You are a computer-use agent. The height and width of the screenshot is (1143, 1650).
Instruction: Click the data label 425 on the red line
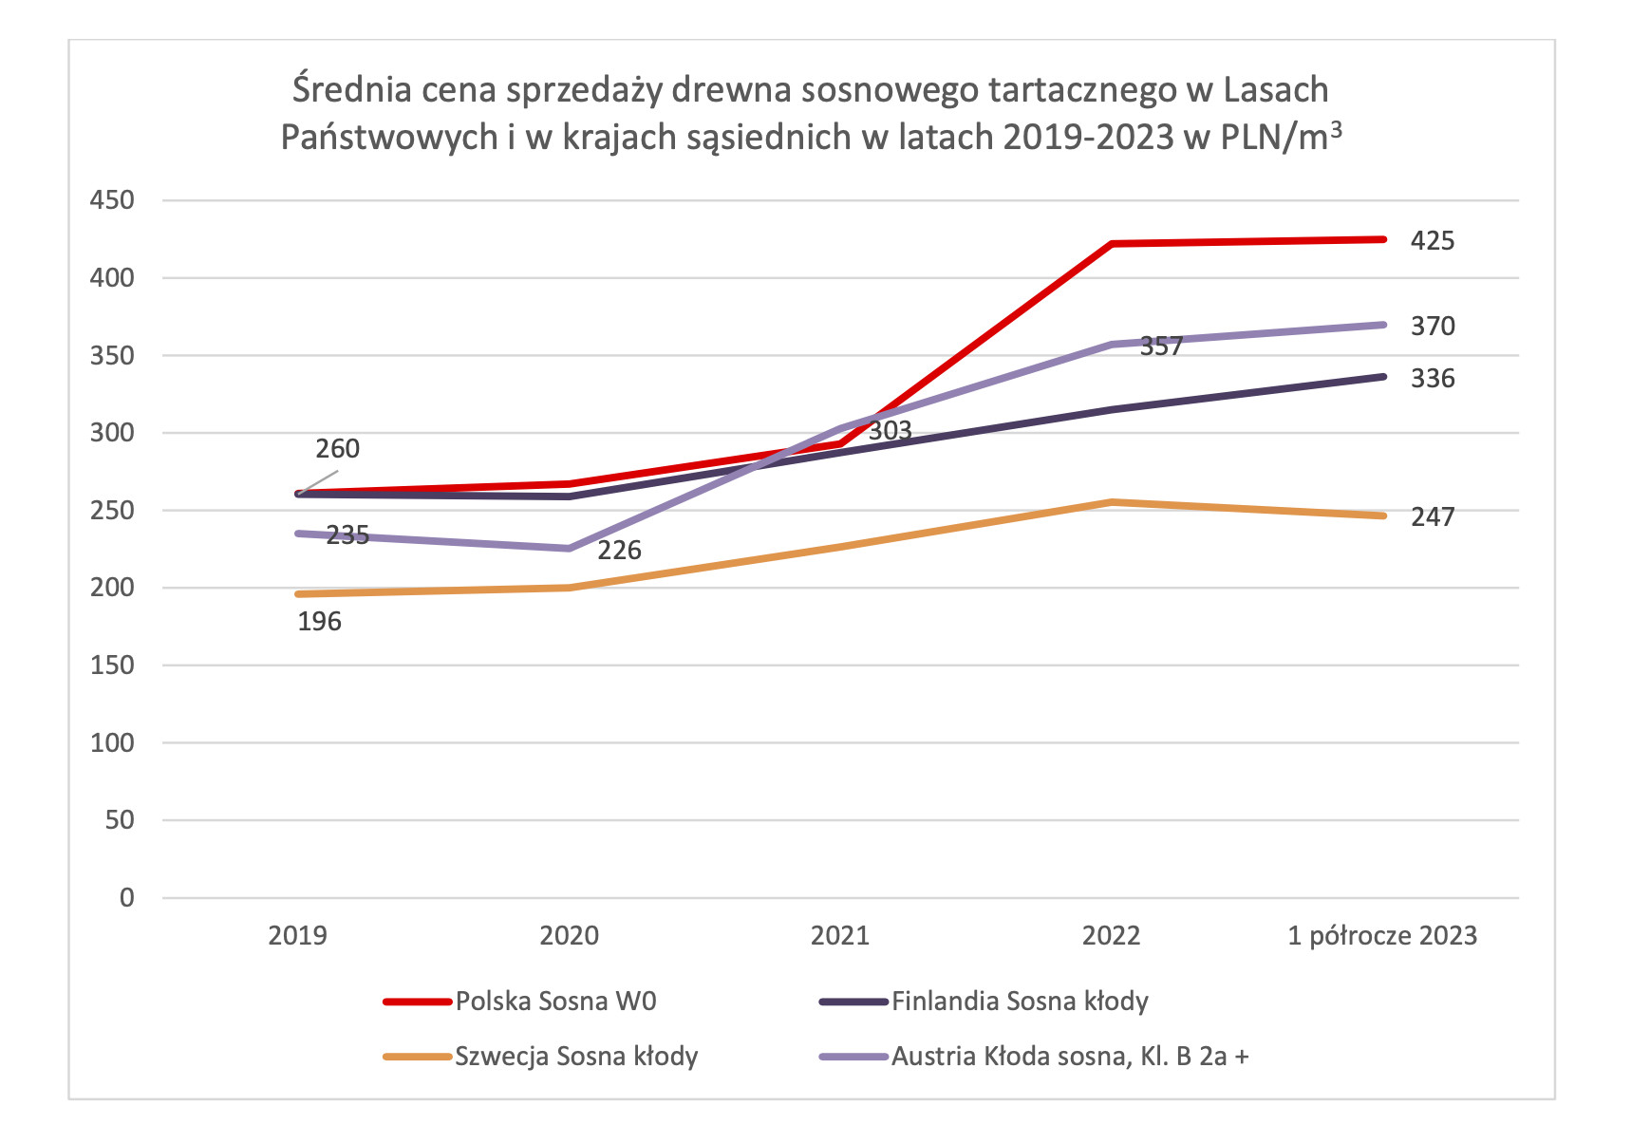coord(1432,241)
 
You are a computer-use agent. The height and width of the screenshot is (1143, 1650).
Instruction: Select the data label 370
coord(1432,327)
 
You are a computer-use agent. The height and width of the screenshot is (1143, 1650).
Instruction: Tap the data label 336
coord(1432,379)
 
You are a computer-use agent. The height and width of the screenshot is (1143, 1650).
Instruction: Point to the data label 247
coord(1432,517)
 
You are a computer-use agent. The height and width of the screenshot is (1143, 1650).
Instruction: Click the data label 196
coord(319,622)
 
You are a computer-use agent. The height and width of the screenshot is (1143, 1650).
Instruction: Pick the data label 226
coord(619,551)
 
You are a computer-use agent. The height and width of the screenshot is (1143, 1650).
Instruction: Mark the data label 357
coord(1161,347)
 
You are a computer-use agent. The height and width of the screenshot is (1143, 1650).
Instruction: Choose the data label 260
coord(337,449)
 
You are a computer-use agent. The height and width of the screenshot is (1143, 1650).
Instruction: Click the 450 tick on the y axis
coord(112,200)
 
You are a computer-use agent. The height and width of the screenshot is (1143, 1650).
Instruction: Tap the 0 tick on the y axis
coord(126,898)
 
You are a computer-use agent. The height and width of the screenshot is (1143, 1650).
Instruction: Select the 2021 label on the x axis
coord(839,936)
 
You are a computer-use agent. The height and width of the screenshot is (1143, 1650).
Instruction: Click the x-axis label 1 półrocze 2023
coord(1382,936)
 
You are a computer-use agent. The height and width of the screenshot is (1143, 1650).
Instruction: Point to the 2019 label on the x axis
coord(297,936)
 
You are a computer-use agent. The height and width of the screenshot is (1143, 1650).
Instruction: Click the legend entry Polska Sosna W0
coord(555,1002)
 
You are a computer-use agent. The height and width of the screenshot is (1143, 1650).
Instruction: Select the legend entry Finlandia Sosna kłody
coord(1020,1002)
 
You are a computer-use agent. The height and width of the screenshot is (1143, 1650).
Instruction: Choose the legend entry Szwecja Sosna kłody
coord(576,1057)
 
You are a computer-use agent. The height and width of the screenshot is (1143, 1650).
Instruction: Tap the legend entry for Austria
coord(1069,1057)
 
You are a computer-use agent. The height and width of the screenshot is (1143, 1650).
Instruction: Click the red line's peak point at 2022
coord(1112,244)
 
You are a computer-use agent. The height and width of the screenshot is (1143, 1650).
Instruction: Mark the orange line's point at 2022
coord(1112,502)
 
